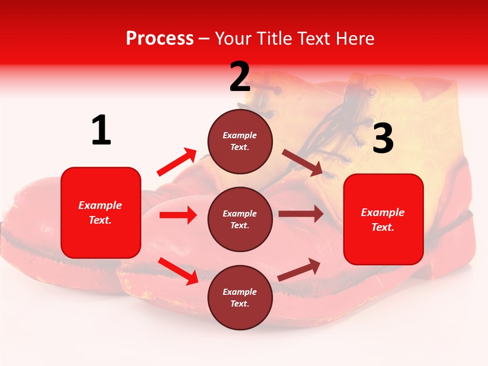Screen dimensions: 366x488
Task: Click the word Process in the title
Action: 160,38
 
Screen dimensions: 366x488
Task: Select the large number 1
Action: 101,131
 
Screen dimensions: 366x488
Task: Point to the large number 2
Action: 240,77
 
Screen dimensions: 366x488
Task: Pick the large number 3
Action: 383,138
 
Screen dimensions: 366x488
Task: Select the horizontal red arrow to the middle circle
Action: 178,215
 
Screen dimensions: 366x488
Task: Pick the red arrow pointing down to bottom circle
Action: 178,270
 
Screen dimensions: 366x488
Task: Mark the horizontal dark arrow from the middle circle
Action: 301,214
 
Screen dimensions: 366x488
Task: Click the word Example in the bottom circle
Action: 240,292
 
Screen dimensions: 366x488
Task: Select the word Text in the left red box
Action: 100,220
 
